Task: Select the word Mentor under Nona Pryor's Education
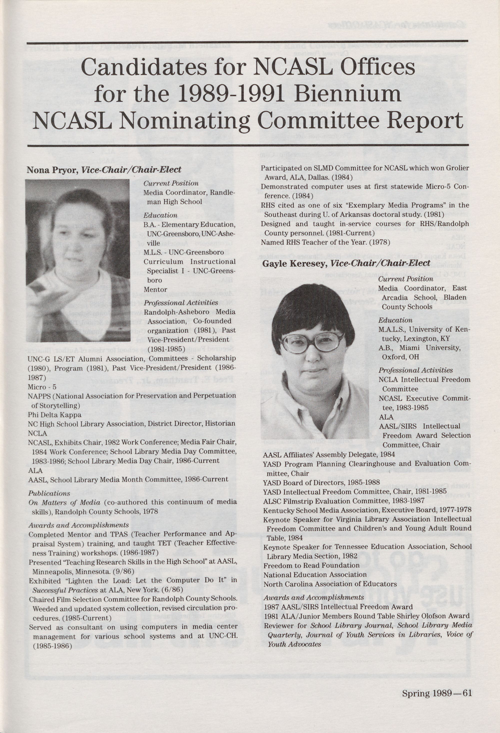(x=155, y=289)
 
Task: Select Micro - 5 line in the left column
(x=42, y=387)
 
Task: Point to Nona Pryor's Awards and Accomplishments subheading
(x=78, y=525)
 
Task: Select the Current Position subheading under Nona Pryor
(x=171, y=183)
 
